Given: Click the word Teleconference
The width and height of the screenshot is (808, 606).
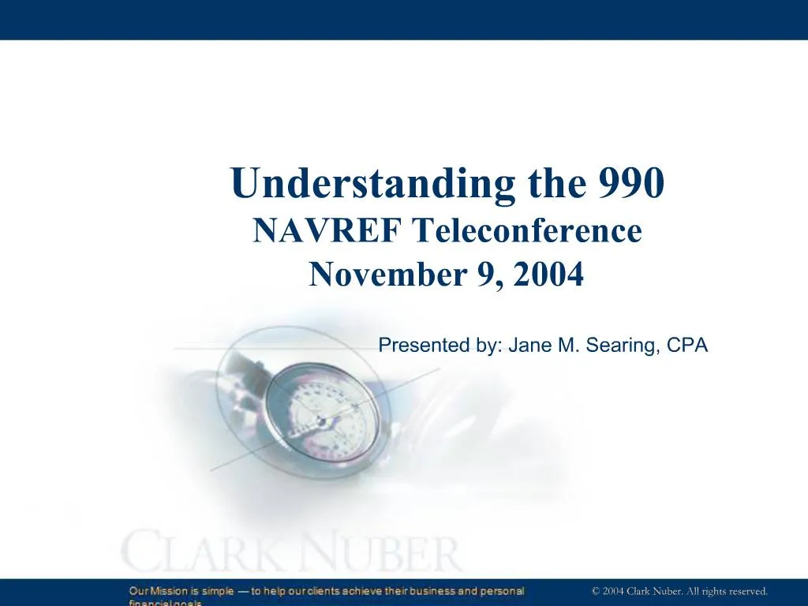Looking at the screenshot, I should click(528, 231).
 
